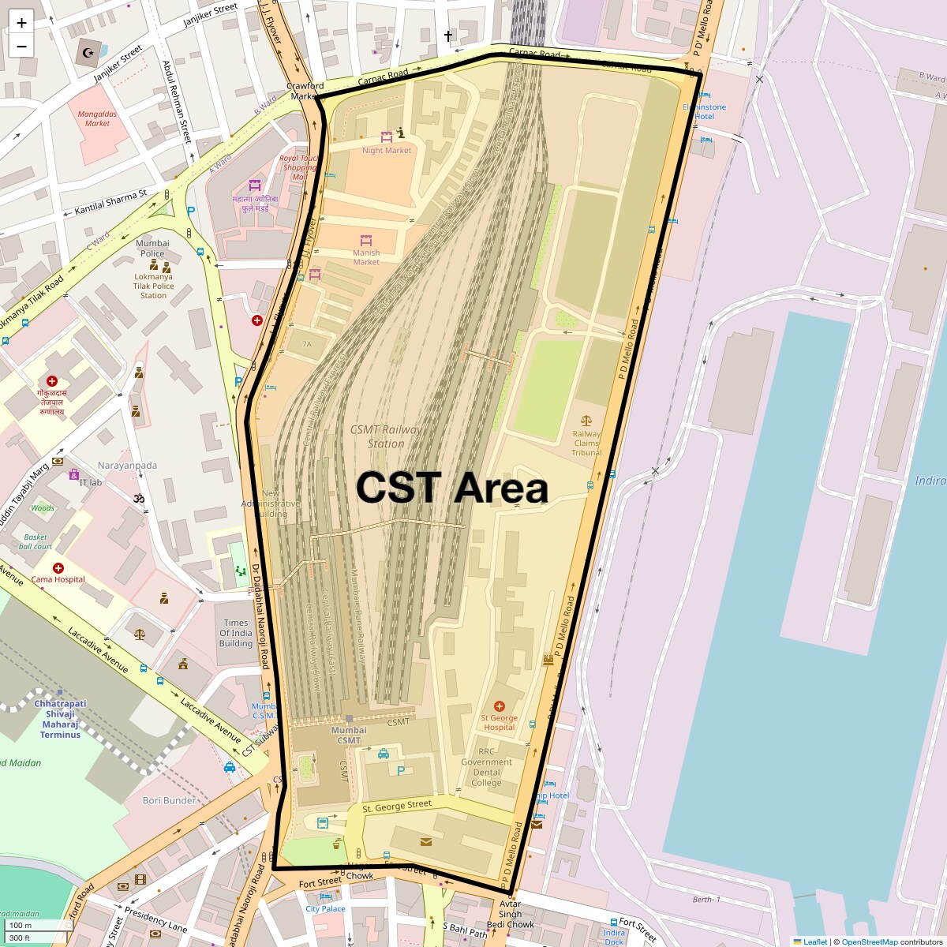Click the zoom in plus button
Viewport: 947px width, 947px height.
(21, 22)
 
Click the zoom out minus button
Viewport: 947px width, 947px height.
(21, 46)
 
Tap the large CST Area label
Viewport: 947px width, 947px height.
(451, 488)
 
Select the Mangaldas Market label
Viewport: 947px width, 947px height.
(98, 118)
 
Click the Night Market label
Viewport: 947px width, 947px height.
(387, 150)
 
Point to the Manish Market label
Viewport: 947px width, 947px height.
(366, 257)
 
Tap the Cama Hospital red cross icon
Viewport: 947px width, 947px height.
(58, 568)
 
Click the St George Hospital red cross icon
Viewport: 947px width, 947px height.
(499, 706)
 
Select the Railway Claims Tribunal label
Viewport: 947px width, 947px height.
(586, 443)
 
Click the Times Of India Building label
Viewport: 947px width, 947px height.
(236, 633)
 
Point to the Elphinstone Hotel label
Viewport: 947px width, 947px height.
(704, 111)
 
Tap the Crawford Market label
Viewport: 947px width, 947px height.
(305, 91)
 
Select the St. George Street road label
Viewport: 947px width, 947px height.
(397, 806)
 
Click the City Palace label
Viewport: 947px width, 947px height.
(326, 908)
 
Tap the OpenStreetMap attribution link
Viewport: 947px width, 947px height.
(869, 941)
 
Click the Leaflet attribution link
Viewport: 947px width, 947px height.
(815, 941)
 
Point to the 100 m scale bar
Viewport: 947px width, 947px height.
(21, 925)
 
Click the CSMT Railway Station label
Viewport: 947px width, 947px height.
(386, 436)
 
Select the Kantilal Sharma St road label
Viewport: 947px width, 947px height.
(110, 203)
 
